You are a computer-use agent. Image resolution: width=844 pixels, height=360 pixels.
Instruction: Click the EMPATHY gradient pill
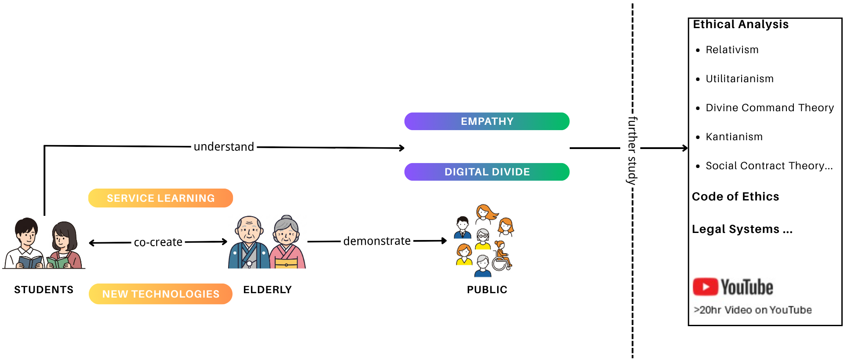tap(487, 121)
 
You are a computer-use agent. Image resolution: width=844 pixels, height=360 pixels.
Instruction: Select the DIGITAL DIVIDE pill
tap(487, 172)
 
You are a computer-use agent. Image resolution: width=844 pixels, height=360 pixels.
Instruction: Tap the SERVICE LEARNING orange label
tap(160, 198)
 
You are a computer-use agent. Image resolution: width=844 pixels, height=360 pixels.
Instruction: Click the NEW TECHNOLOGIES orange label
tap(160, 294)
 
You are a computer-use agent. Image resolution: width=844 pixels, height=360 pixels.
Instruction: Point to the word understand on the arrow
tap(224, 147)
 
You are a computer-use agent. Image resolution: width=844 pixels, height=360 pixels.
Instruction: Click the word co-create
tap(158, 242)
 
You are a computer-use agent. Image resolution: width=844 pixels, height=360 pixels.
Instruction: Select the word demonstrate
tap(377, 241)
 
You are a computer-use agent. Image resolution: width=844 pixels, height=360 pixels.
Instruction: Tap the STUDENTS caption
tap(44, 290)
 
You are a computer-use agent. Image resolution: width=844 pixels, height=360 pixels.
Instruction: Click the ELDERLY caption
tap(267, 290)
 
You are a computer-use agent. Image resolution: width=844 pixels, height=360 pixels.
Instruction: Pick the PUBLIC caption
tap(487, 290)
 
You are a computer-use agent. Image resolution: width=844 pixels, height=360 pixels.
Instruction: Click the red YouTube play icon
tap(705, 287)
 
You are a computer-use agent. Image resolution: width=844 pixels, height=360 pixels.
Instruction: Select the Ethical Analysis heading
tap(741, 25)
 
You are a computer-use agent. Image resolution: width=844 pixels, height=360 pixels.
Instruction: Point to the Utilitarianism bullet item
tap(739, 79)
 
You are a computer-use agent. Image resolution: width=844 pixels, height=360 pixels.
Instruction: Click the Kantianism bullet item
tap(734, 137)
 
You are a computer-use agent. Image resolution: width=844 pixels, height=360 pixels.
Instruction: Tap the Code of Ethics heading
tap(735, 196)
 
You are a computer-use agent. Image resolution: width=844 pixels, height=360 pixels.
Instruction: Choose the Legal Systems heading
tap(742, 229)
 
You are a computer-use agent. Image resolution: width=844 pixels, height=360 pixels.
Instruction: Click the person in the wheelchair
tap(501, 257)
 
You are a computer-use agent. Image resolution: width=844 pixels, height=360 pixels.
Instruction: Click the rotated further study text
tap(632, 150)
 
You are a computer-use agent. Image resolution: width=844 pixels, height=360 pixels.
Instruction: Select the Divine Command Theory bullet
tap(769, 108)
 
